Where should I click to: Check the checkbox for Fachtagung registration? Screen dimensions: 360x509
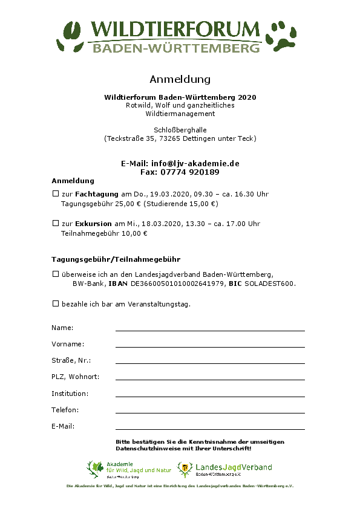tap(55, 194)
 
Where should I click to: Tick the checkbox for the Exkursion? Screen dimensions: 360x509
tap(55, 223)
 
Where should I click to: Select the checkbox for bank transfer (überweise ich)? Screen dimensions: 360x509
tap(55, 274)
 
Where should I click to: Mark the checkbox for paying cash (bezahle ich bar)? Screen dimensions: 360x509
tap(55, 303)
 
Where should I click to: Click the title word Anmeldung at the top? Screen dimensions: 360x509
tap(180, 79)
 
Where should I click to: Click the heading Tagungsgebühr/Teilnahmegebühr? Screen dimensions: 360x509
tap(116, 259)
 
